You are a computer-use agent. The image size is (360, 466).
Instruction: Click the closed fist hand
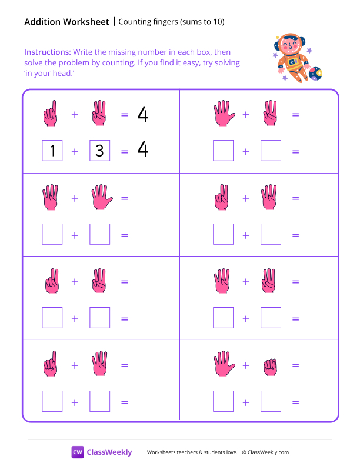point(270,365)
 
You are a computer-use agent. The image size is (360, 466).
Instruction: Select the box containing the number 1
point(52,151)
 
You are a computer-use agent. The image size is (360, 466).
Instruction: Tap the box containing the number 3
point(99,151)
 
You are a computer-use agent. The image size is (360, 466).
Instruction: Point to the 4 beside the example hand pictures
point(142,115)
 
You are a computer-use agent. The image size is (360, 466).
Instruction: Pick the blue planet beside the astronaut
point(315,74)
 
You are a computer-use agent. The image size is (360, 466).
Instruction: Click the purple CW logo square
point(78,452)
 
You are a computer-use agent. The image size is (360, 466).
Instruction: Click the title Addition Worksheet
point(66,22)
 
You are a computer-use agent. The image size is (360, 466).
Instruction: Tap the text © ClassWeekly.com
point(265,452)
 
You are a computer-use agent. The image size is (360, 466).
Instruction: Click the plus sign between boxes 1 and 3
point(75,151)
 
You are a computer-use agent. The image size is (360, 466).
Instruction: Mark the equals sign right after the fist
point(295,365)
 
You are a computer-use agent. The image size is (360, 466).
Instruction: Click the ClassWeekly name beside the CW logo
point(109,452)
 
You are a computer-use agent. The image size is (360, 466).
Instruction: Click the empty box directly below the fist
point(270,402)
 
